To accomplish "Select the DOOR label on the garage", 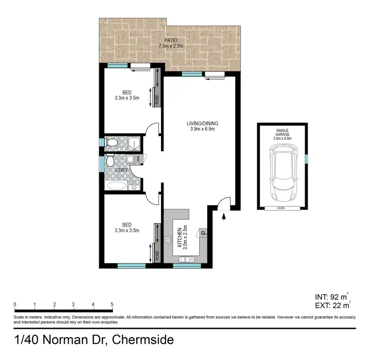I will [x=282, y=208].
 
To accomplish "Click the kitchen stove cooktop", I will [x=168, y=240].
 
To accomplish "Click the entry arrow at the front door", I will [x=223, y=217].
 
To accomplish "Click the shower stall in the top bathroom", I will [x=134, y=143].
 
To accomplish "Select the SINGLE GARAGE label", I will [x=282, y=133].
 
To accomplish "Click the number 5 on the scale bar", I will [x=112, y=304].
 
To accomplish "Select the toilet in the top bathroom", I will [x=111, y=143].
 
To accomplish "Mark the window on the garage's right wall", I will [x=307, y=159].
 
